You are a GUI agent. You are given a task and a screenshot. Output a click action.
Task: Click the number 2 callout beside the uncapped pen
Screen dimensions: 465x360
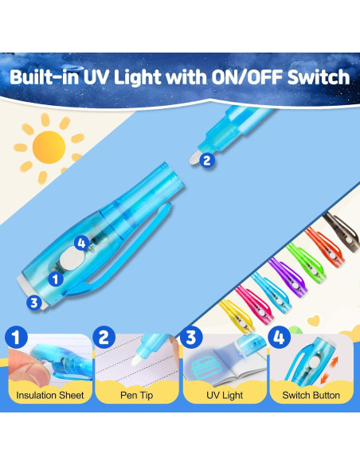coord(207,160)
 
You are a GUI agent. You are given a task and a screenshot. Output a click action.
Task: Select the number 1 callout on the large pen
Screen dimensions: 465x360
coord(55,279)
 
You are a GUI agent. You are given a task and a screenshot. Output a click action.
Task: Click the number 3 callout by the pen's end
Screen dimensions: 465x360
coord(33,302)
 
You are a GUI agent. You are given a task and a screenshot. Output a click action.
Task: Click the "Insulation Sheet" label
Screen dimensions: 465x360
coord(49,395)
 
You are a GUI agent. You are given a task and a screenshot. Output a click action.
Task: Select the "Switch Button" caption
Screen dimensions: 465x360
coord(311,395)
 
